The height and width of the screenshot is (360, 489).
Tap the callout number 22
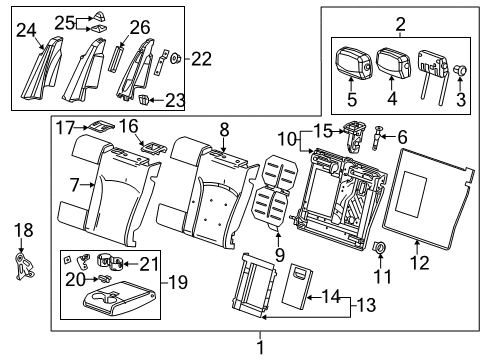(201, 59)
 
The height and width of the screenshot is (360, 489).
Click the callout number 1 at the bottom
(262, 347)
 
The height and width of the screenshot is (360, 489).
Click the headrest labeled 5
(353, 64)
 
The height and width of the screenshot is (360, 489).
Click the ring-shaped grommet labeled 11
(381, 248)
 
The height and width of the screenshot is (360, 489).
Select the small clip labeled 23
(144, 99)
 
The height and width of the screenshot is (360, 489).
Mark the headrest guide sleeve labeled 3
(462, 71)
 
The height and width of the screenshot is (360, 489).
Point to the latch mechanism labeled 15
(352, 132)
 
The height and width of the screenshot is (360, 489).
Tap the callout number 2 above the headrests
(400, 24)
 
